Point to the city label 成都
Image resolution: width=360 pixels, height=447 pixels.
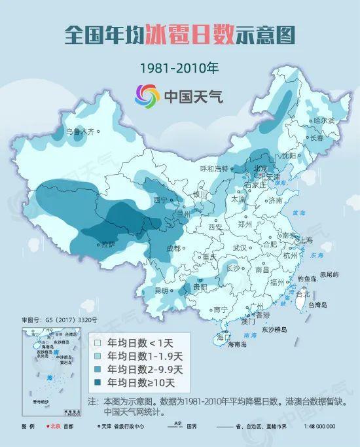point(173,248)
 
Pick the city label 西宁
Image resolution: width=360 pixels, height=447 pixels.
point(160,200)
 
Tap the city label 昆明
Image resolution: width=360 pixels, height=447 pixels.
point(162,290)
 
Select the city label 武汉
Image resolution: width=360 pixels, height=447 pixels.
point(240,248)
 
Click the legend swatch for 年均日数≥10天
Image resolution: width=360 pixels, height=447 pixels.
point(98,383)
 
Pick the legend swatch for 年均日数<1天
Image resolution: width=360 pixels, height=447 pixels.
point(98,342)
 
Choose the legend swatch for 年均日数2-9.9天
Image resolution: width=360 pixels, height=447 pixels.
point(98,369)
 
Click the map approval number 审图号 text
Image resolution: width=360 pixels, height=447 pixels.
point(59,320)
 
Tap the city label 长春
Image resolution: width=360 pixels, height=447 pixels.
point(317,138)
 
